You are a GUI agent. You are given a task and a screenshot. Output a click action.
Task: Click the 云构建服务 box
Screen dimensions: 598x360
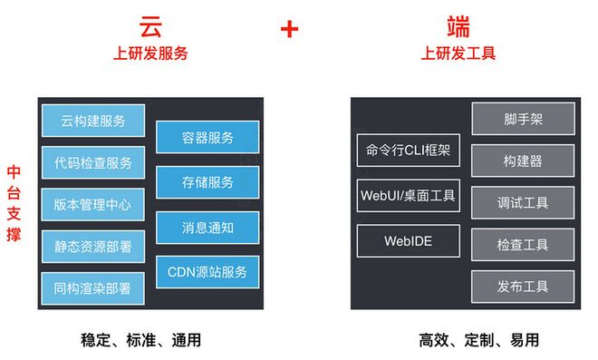[93, 121]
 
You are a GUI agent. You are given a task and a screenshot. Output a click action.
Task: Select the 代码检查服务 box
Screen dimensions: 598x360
[93, 162]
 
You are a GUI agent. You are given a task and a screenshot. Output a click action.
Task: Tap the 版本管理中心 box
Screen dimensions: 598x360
[92, 205]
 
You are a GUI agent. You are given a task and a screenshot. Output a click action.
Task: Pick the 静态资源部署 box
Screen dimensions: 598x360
[93, 247]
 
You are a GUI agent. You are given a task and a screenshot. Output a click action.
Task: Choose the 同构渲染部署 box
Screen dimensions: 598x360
[92, 288]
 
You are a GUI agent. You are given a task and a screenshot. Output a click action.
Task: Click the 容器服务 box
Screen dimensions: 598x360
[207, 137]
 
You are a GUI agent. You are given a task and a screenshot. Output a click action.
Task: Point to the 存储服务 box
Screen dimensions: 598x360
[207, 182]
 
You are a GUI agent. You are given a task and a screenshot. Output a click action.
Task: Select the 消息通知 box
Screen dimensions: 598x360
[207, 228]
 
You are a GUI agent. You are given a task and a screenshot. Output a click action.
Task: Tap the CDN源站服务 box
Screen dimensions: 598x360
[207, 272]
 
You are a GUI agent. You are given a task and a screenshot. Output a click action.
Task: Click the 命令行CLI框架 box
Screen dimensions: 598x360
[409, 150]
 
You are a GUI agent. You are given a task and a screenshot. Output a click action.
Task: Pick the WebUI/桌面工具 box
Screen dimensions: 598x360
[409, 196]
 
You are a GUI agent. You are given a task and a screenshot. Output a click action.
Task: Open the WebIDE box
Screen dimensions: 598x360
[409, 241]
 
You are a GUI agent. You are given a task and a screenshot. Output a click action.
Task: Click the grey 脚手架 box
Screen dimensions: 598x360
[524, 119]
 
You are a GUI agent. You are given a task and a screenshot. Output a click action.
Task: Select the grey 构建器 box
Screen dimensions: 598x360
[523, 161]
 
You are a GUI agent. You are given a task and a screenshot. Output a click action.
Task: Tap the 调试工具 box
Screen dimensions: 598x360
[523, 203]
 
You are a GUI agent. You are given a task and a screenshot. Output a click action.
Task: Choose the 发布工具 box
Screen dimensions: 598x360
[523, 287]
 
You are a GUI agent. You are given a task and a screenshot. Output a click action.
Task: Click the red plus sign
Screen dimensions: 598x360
[289, 29]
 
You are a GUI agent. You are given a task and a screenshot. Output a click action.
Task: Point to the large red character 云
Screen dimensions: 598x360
[150, 26]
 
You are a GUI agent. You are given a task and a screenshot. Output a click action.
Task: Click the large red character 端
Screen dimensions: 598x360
[458, 26]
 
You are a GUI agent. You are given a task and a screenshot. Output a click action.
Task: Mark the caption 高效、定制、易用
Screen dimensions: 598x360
[479, 340]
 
